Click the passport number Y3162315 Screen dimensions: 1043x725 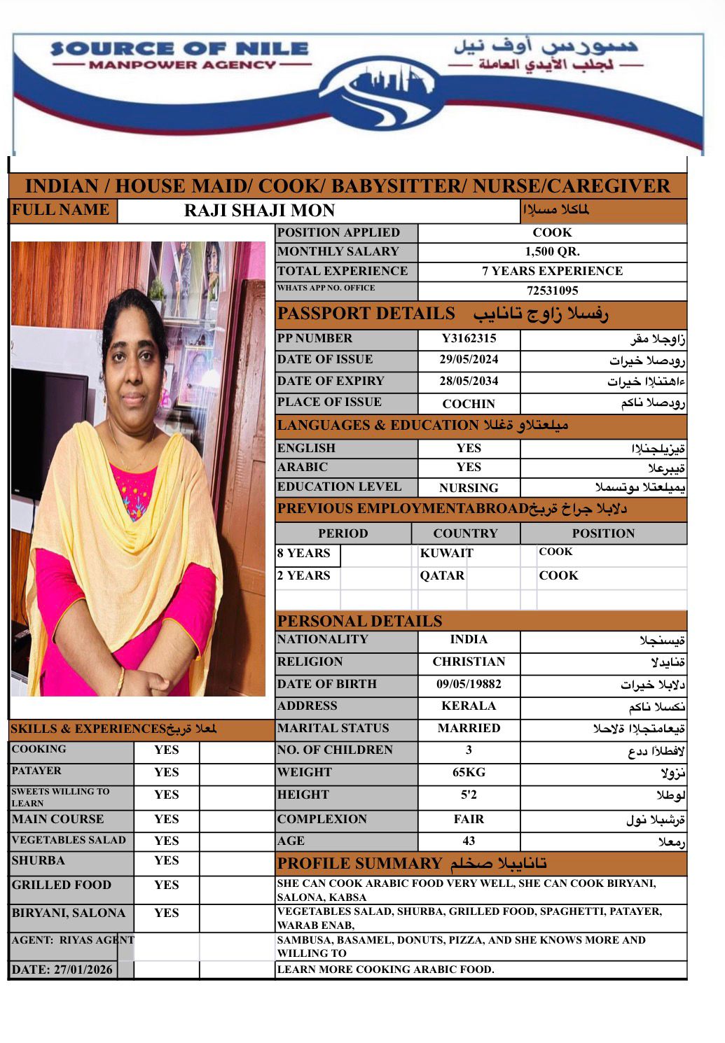point(469,339)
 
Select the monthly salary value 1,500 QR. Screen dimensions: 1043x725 point(552,252)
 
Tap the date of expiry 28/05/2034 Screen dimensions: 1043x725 point(469,381)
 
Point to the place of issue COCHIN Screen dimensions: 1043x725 point(469,404)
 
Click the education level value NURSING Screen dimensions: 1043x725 point(469,488)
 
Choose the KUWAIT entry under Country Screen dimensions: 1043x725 point(447,553)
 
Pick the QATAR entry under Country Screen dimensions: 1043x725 point(442,575)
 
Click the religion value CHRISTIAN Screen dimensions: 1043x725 point(469,661)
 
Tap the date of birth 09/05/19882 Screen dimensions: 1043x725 point(469,684)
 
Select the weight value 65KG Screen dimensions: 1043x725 point(469,772)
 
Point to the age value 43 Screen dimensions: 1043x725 point(469,841)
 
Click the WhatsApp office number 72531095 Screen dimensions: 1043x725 point(552,290)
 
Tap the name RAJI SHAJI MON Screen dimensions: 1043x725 point(259,211)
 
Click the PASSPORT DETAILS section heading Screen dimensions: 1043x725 point(366,314)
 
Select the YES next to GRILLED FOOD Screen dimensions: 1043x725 point(167,885)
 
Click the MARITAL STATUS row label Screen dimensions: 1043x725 point(333,728)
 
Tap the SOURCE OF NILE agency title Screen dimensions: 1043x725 point(179,49)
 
